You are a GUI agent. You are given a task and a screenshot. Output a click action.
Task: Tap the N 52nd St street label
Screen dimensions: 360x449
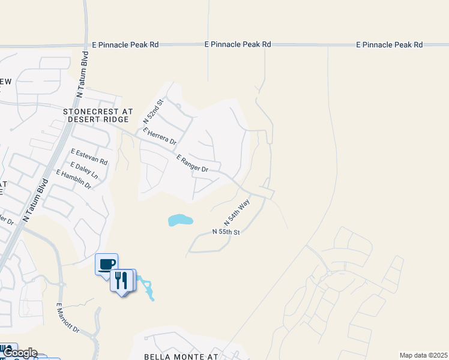(x=153, y=112)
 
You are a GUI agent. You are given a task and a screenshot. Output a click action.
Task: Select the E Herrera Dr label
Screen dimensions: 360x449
(x=159, y=135)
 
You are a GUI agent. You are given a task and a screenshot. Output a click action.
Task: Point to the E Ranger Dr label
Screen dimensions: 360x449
(x=192, y=163)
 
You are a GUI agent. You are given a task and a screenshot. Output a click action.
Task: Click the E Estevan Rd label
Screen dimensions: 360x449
(x=89, y=157)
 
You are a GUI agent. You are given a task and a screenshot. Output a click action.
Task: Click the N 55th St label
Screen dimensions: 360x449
(x=226, y=232)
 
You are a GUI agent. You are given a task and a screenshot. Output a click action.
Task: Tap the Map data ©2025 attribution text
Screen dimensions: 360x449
(x=423, y=355)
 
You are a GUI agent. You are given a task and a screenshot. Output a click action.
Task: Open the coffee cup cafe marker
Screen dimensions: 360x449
(x=107, y=264)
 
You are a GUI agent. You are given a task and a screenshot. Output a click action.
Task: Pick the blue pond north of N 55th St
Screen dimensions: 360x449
(x=180, y=220)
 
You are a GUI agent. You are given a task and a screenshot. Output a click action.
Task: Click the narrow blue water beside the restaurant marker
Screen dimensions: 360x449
(x=147, y=289)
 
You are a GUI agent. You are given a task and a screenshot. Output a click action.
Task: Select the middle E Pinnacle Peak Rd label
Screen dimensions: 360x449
(x=238, y=44)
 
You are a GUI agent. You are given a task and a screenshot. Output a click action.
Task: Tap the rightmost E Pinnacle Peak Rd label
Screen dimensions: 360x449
(x=389, y=44)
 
